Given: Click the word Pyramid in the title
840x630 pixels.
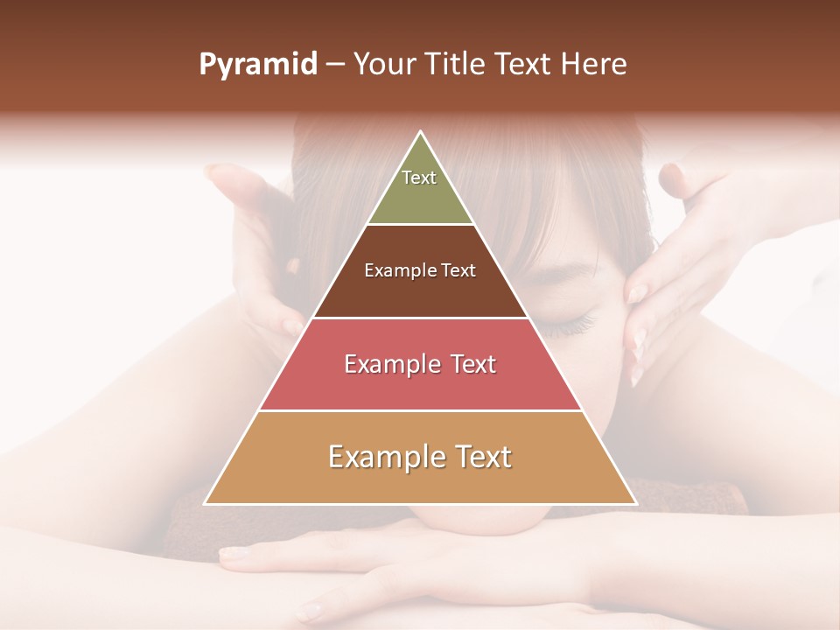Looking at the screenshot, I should (x=257, y=65).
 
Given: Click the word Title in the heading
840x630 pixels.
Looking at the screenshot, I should (x=460, y=65).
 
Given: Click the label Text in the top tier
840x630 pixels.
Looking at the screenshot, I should (x=419, y=178).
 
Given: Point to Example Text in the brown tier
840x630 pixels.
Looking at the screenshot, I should (x=420, y=270).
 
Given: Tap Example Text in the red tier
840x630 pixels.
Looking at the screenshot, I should (x=420, y=364).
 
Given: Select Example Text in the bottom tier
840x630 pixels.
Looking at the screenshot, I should (x=420, y=457).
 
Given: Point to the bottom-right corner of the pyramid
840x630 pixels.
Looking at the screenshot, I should (x=635, y=503).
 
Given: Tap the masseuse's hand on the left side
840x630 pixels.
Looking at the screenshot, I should (x=254, y=236).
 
